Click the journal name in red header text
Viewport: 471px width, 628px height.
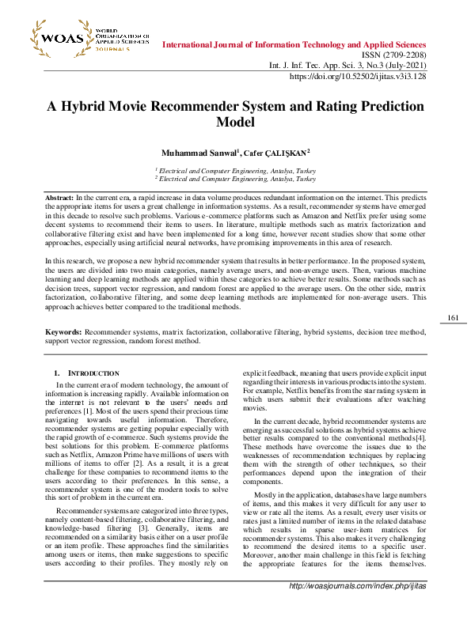(294, 45)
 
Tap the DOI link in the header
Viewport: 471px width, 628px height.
(359, 77)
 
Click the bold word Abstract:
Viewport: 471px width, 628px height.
(59, 196)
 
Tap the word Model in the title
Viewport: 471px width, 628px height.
(235, 123)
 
